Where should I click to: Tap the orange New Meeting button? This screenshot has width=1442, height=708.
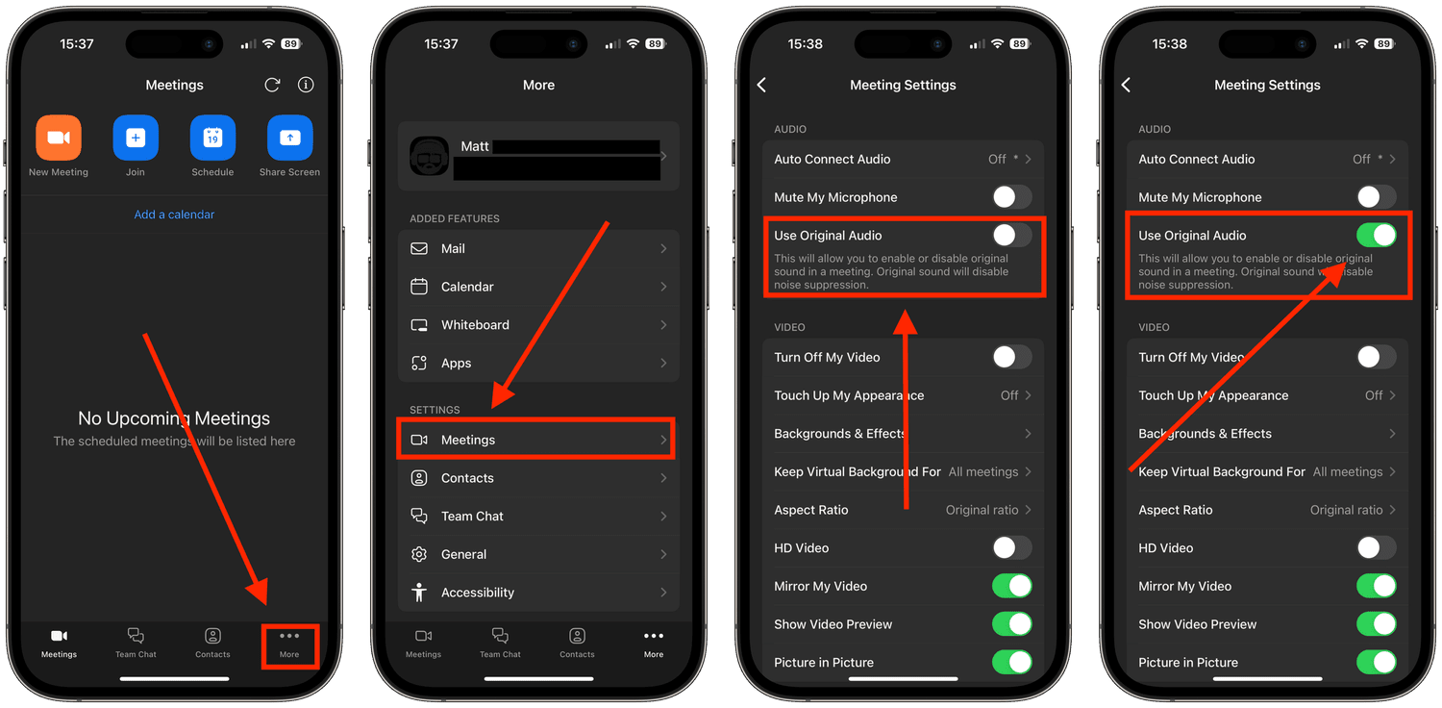(59, 138)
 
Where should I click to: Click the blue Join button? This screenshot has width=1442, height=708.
(136, 138)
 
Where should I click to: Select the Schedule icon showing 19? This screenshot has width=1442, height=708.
(212, 138)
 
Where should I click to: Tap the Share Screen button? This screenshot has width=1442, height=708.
(289, 138)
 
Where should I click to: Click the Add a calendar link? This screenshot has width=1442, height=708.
(174, 215)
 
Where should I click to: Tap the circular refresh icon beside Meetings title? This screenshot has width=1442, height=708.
(272, 85)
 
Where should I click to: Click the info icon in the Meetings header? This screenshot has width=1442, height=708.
(306, 85)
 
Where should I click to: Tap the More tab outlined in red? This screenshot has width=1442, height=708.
(289, 644)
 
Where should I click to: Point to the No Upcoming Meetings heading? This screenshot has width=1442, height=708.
(174, 418)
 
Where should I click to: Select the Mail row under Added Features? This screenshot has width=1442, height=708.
(538, 248)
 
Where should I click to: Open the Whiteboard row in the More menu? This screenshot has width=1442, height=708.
(538, 325)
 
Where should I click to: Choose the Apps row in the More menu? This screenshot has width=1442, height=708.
(538, 364)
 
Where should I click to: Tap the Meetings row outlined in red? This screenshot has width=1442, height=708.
(536, 440)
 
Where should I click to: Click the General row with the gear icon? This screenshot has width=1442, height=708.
(538, 554)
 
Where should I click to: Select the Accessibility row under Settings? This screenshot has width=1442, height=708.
(538, 593)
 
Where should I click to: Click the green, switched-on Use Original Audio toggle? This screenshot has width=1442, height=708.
(1376, 235)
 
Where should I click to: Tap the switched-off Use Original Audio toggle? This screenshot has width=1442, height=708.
(1011, 235)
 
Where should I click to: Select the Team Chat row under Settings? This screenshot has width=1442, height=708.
(538, 517)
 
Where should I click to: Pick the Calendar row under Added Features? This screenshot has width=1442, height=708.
(538, 287)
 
